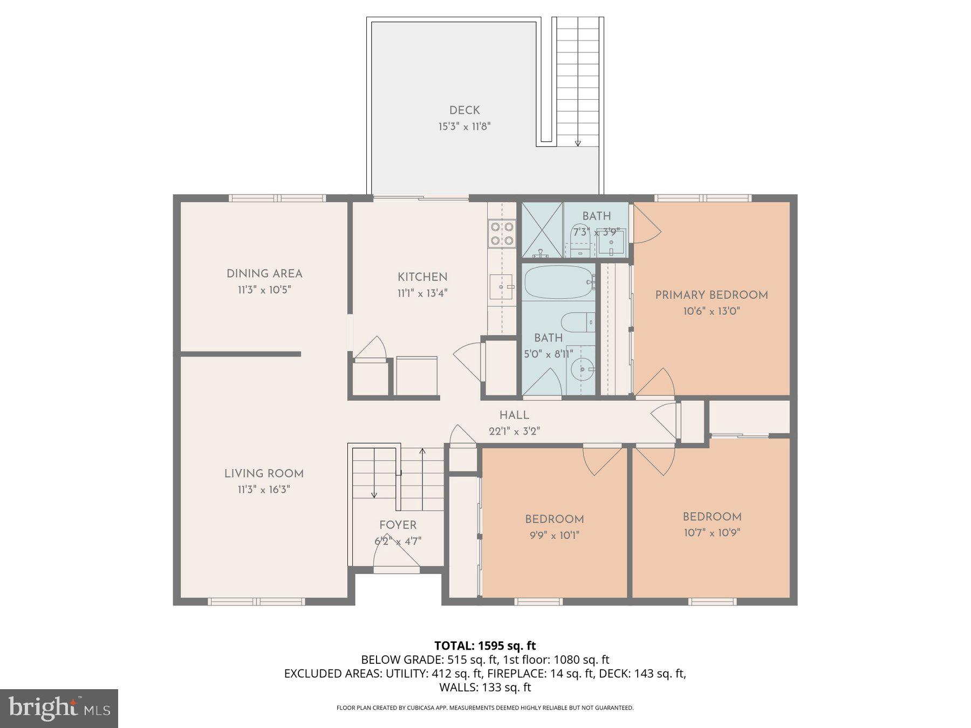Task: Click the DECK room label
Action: coord(464,111)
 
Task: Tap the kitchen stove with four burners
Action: coord(501,233)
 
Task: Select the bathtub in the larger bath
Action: coord(558,281)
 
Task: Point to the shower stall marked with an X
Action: coord(542,230)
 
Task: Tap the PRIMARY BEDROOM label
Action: coord(711,295)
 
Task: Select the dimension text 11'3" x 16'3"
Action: coord(264,490)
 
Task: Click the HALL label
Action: coord(514,415)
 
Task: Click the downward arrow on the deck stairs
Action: coord(578,142)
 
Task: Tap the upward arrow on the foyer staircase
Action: coord(422,452)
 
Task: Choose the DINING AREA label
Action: coord(264,273)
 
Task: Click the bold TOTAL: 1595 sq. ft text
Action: coord(485,645)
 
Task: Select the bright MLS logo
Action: coord(59,708)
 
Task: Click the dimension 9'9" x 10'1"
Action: coord(555,535)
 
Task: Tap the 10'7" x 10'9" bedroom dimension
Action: coord(712,533)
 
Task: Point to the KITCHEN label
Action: coord(422,277)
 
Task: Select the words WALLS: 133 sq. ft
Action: coord(485,688)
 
